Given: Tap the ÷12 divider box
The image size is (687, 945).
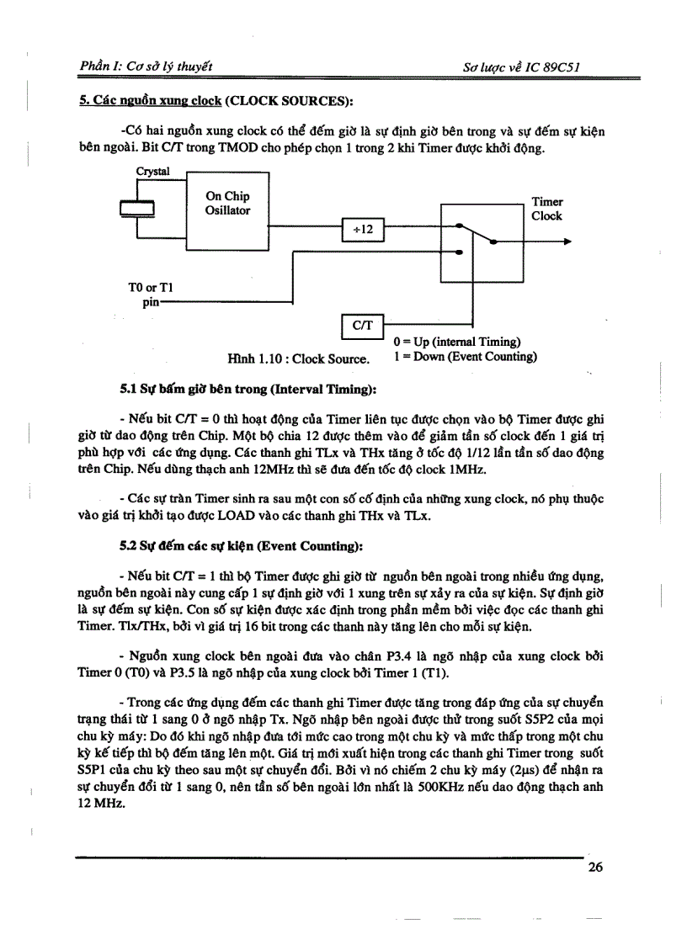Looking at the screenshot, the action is pyautogui.click(x=363, y=228).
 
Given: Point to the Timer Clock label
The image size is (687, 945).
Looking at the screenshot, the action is pyautogui.click(x=546, y=209).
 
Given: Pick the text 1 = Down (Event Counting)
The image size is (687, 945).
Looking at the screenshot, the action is pyautogui.click(x=465, y=356).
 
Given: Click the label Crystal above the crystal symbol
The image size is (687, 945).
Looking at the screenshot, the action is pyautogui.click(x=152, y=172).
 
